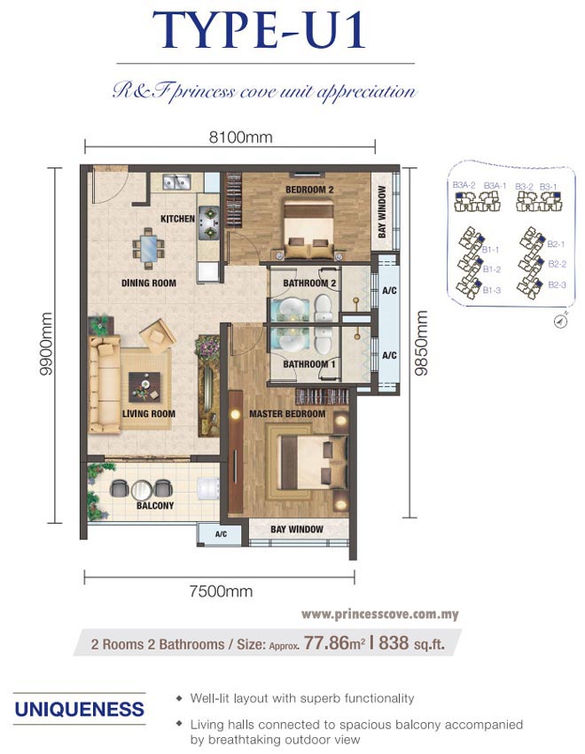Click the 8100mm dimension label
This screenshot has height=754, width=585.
pyautogui.click(x=240, y=137)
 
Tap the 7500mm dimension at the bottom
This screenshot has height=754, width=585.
pyautogui.click(x=221, y=591)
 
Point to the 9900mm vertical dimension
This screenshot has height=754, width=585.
pyautogui.click(x=47, y=344)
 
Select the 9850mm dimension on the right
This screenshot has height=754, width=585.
pyautogui.click(x=421, y=343)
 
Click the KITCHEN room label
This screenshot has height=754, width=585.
pyautogui.click(x=177, y=219)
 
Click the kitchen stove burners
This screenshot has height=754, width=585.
pyautogui.click(x=209, y=222)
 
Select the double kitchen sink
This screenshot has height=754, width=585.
pyautogui.click(x=177, y=183)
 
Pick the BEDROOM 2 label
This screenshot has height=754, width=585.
pyautogui.click(x=309, y=190)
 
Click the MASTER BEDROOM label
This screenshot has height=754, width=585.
pyautogui.click(x=287, y=414)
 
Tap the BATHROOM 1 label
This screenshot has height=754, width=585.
pyautogui.click(x=309, y=364)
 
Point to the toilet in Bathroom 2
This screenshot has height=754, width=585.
pyautogui.click(x=324, y=307)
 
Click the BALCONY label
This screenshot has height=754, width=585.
pyautogui.click(x=155, y=506)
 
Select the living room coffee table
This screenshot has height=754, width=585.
pyautogui.click(x=144, y=387)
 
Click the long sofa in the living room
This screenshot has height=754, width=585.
pyautogui.click(x=105, y=385)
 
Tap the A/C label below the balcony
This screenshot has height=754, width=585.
pyautogui.click(x=221, y=534)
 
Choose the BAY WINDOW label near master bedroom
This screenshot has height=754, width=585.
pyautogui.click(x=297, y=530)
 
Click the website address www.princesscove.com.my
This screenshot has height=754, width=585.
pyautogui.click(x=379, y=614)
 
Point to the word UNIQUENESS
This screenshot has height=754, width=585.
pyautogui.click(x=80, y=710)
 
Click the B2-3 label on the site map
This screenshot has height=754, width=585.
pyautogui.click(x=558, y=285)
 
